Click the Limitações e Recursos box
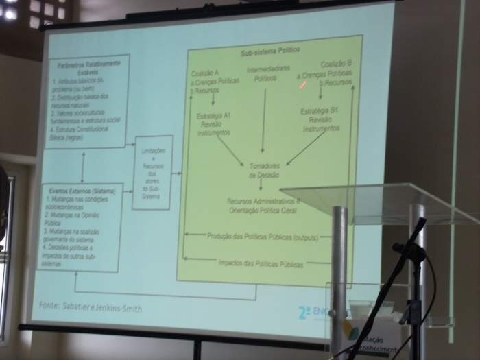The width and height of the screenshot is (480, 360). [152, 172]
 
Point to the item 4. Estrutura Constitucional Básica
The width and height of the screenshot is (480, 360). [86, 132]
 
